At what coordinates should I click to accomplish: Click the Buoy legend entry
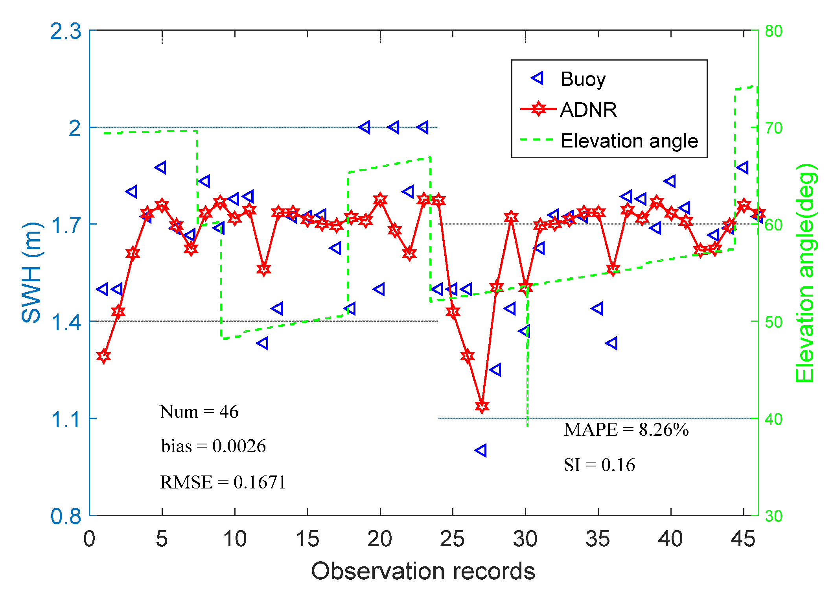point(582,79)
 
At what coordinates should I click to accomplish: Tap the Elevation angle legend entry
point(629,141)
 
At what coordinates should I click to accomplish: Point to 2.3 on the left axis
point(66,31)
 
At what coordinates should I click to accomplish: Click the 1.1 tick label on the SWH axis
point(66,419)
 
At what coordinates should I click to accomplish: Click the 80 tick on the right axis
point(773,31)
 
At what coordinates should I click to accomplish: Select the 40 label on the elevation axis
point(773,419)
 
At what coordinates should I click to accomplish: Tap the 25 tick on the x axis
point(452,539)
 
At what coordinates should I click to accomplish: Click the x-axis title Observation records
point(423,571)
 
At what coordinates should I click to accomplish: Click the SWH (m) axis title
point(31,272)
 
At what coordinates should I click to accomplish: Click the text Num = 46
point(199,412)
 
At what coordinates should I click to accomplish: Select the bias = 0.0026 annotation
point(213,446)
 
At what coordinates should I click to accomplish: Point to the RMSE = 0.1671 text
point(223,482)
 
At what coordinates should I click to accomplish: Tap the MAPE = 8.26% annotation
point(626,429)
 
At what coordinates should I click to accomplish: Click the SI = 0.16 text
point(599,465)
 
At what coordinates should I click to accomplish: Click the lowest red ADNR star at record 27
point(482,406)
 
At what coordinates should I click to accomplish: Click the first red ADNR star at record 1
point(103,356)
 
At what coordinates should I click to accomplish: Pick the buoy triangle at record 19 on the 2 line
point(365,127)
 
